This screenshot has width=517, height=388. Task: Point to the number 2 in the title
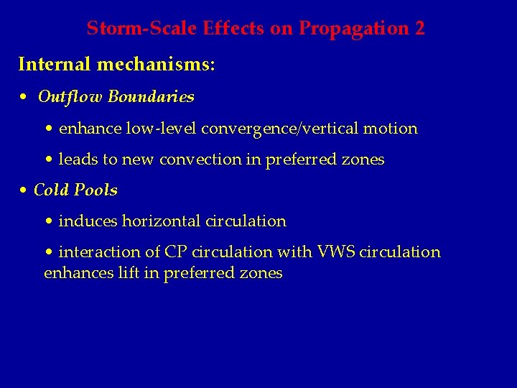(419, 29)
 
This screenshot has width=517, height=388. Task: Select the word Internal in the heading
(55, 65)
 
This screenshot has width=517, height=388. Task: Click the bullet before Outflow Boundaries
(24, 97)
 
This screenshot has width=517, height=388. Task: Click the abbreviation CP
(176, 252)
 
